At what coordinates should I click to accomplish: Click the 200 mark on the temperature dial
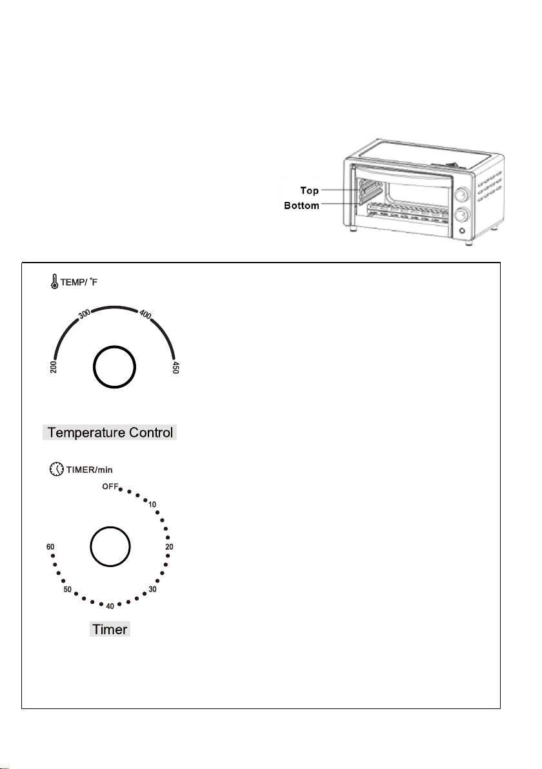54,367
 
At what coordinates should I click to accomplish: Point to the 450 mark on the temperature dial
175,368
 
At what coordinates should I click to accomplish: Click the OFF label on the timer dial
109,486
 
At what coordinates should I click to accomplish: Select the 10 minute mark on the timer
152,504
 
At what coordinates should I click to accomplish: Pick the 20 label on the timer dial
169,546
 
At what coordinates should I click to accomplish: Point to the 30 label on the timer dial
153,589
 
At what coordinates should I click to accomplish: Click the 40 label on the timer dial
110,606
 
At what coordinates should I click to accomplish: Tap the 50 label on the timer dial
67,590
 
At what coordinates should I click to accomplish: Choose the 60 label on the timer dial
50,546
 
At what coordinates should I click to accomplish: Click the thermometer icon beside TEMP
54,282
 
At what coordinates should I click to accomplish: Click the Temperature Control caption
110,433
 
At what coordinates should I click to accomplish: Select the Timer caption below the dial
110,629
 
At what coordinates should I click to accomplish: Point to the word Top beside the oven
309,191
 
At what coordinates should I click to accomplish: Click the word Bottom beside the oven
302,206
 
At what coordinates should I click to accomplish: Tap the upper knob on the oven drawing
461,194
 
